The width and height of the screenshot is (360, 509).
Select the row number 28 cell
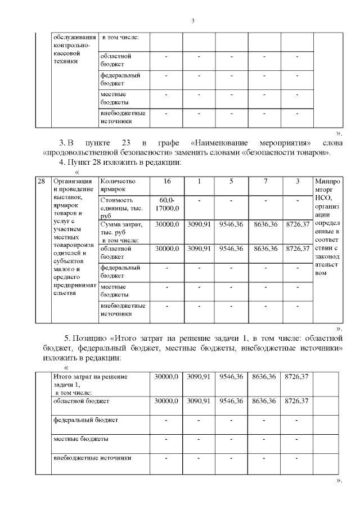[x=41, y=182]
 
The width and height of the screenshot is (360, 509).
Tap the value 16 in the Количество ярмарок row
[x=166, y=182]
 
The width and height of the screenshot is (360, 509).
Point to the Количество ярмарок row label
[x=118, y=186]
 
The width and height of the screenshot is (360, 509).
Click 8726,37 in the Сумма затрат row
[x=298, y=224]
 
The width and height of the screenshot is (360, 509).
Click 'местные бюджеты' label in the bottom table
[x=81, y=439]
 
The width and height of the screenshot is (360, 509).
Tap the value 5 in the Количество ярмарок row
[x=231, y=182]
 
